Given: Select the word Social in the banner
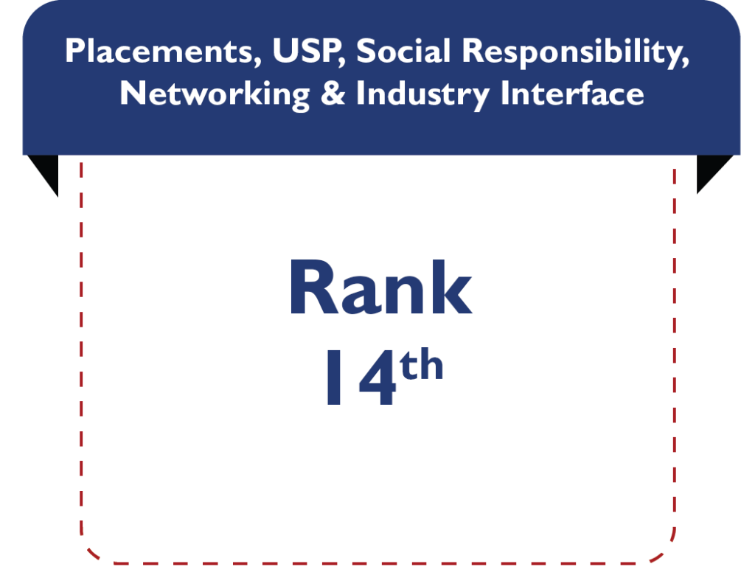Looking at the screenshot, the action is pyautogui.click(x=403, y=51).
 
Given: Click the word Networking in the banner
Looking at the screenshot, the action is pyautogui.click(x=215, y=94).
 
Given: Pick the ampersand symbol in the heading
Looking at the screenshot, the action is pyautogui.click(x=333, y=93).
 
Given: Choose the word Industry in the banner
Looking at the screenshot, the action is pyautogui.click(x=422, y=94).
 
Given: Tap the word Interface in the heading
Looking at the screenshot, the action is pyautogui.click(x=572, y=93).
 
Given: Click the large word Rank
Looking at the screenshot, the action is pyautogui.click(x=381, y=288).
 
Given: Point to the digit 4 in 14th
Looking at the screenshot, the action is pyautogui.click(x=377, y=377).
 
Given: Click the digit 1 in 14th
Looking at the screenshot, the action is pyautogui.click(x=334, y=377).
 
